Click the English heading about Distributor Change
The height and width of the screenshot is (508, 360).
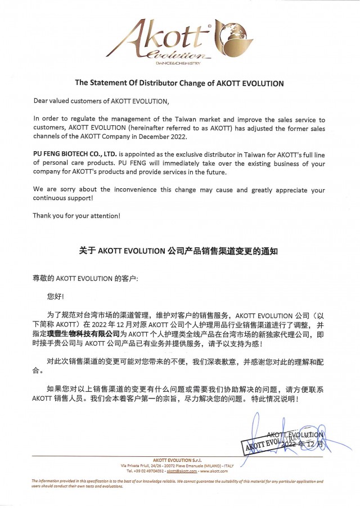[179, 83]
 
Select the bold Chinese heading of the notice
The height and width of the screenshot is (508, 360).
[179, 252]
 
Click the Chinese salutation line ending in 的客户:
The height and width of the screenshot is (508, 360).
[85, 278]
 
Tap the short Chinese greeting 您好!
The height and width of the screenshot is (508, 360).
[56, 295]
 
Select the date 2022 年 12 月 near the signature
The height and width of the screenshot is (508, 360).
[304, 444]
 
